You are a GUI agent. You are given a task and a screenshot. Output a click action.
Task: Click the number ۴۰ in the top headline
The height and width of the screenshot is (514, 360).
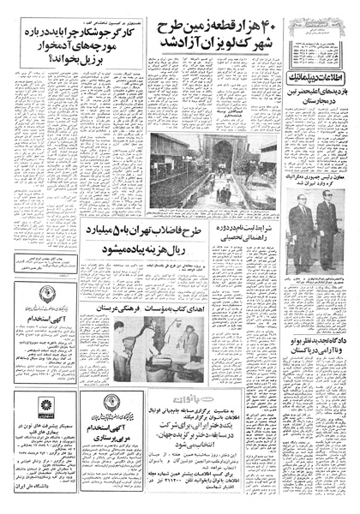coord(273,25)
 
